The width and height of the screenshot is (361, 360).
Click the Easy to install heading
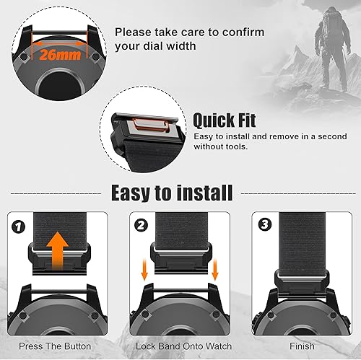pyautogui.click(x=171, y=193)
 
